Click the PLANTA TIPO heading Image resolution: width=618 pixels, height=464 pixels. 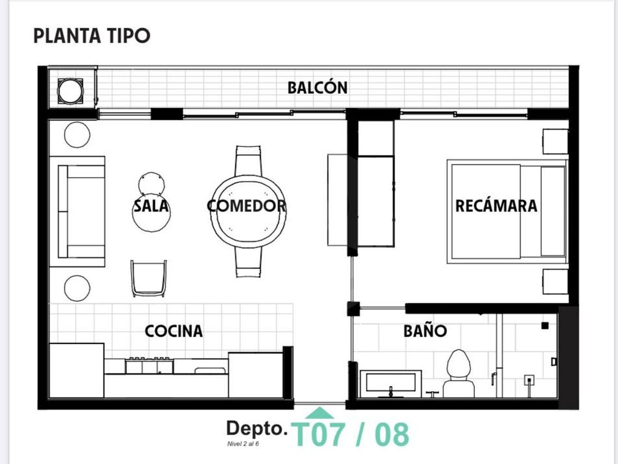coord(92,36)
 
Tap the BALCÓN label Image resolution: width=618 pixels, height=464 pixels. coord(317,88)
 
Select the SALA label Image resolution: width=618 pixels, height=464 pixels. coord(151,205)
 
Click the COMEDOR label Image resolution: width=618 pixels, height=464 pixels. coord(246,205)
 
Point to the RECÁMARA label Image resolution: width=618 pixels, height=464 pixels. coord(496,206)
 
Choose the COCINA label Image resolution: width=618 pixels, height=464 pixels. coord(174,331)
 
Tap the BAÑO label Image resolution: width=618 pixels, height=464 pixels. coord(425,331)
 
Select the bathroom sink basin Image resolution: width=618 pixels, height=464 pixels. coord(391,382)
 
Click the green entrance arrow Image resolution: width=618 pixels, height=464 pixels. coord(320,413)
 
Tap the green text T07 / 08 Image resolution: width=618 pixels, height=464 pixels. coord(350,435)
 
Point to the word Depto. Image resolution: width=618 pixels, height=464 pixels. coord(257,429)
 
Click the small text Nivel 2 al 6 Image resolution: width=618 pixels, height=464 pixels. coord(243,444)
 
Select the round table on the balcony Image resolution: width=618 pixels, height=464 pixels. coord(71,91)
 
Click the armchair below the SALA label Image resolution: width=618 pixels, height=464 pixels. coord(148,278)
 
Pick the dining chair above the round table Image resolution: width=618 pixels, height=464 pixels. coord(248,161)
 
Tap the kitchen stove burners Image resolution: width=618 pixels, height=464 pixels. coord(149,366)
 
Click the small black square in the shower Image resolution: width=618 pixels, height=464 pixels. coord(545,326)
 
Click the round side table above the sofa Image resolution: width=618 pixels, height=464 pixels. coord(77,134)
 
